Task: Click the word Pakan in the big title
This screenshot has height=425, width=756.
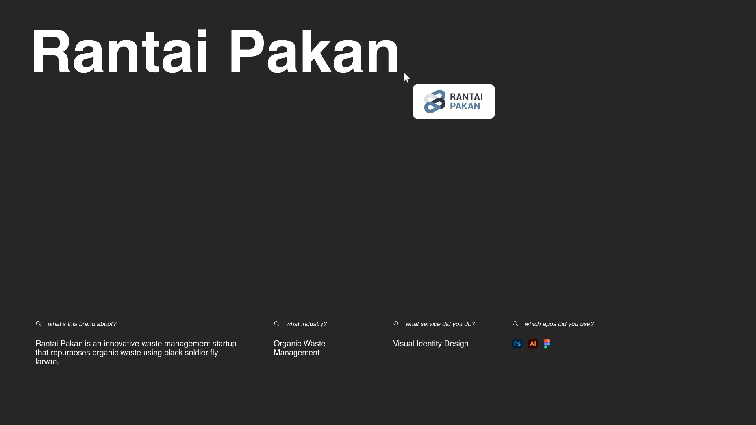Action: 314,52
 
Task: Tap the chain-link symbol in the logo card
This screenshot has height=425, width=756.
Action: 435,102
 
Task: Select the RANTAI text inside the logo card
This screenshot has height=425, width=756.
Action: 466,97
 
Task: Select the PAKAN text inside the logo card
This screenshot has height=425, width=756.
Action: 465,106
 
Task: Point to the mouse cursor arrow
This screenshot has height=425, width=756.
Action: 406,78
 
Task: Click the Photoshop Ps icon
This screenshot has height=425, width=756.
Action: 517,344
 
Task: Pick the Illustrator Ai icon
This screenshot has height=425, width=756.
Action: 533,344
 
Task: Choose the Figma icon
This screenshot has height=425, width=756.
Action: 547,344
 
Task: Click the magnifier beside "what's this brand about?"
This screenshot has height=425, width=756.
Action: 39,324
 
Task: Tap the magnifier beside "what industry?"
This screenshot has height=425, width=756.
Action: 277,324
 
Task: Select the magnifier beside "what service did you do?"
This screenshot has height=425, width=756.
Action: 396,324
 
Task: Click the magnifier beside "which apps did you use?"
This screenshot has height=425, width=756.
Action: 515,324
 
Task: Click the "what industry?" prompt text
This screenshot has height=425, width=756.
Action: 306,324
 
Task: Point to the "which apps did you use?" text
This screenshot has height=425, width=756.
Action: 559,324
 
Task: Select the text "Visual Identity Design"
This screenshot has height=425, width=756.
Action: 431,344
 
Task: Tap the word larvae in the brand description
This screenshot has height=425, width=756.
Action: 47,362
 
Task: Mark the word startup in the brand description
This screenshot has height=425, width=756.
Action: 224,344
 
